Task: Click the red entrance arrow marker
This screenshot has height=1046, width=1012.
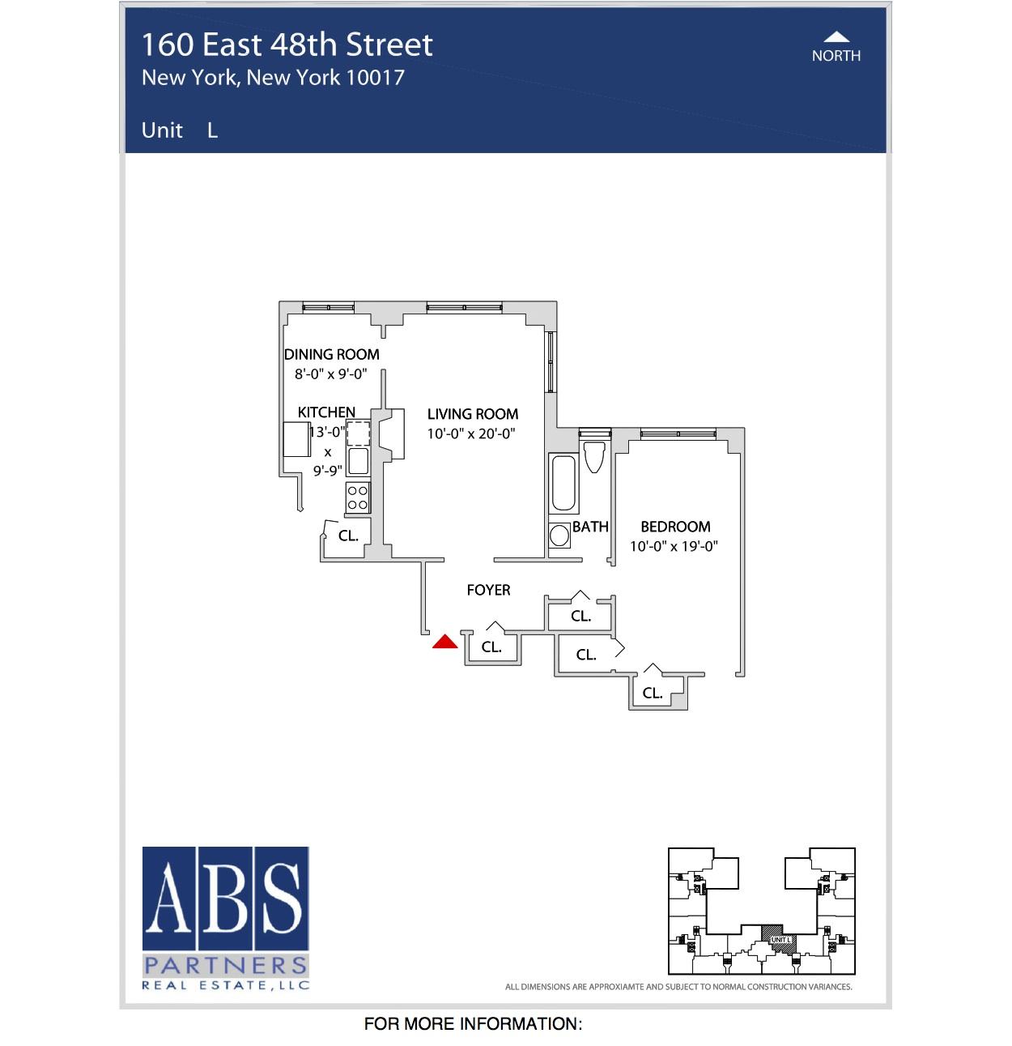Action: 444,643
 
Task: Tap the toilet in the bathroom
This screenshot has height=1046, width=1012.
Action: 594,457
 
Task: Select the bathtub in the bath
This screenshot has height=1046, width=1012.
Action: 563,484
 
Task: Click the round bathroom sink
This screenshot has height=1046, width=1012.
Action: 559,536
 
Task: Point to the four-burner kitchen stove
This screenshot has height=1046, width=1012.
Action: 358,497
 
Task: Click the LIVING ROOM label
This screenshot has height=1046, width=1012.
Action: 473,414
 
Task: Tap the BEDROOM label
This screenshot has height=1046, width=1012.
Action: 675,527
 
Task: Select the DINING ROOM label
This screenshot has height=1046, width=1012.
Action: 331,354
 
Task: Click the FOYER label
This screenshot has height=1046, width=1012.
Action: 488,590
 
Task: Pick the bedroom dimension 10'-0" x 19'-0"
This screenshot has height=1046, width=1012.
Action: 674,546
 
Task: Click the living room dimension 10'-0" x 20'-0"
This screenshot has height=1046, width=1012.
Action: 471,433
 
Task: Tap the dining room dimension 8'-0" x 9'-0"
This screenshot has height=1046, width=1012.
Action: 330,374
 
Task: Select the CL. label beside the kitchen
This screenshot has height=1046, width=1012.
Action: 348,536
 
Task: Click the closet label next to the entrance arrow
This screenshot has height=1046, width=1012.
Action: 491,647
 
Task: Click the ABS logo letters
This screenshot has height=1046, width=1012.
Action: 226,899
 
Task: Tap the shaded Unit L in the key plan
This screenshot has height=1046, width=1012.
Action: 780,939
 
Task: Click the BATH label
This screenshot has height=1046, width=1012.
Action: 590,527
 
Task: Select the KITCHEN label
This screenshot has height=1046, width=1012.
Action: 326,412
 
